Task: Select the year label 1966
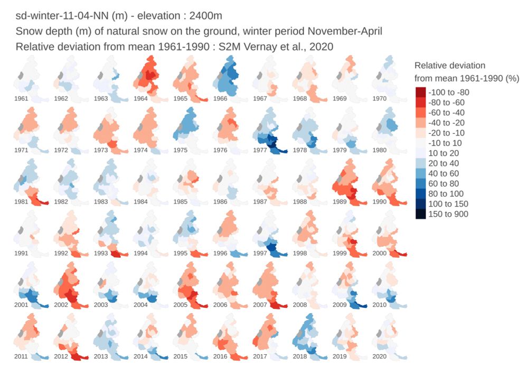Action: coord(220,99)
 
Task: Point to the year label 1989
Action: coord(341,202)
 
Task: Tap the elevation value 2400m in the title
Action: coord(210,16)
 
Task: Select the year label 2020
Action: coord(380,357)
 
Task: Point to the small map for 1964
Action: coord(150,79)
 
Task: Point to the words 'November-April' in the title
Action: coord(351,32)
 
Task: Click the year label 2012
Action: coord(62,357)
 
